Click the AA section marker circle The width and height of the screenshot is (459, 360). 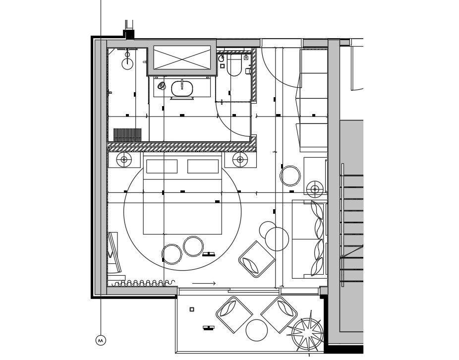point(101,340)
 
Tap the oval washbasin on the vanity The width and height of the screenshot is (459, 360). point(182,88)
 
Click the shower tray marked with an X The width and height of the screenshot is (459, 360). point(182,58)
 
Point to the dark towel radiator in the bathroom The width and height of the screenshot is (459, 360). point(127,135)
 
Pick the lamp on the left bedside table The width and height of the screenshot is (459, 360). point(124,160)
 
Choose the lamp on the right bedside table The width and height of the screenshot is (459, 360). point(240,160)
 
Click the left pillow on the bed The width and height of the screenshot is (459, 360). point(162,167)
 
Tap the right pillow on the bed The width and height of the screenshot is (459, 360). point(203,167)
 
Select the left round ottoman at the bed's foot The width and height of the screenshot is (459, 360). point(172,254)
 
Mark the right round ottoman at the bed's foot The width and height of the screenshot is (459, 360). point(193,246)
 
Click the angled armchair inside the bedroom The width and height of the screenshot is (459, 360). point(256,259)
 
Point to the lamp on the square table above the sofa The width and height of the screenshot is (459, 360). point(315,189)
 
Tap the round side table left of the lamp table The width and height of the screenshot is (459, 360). point(290,176)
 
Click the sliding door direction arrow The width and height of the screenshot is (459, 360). point(204,284)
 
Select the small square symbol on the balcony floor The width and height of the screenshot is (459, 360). point(192,309)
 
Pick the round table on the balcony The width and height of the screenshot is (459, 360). point(257,330)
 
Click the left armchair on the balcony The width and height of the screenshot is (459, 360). point(234,314)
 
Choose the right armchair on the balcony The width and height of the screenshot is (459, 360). point(279,314)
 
